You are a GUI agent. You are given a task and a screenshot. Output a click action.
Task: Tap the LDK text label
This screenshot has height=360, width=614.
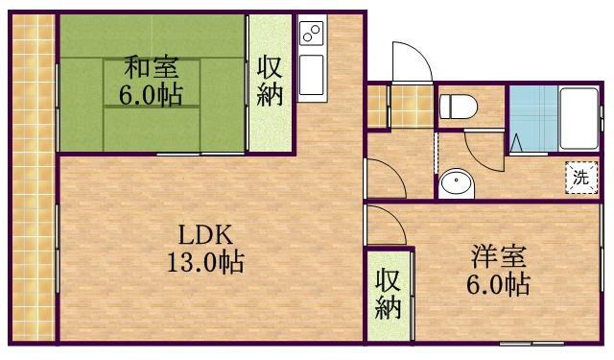(204, 236)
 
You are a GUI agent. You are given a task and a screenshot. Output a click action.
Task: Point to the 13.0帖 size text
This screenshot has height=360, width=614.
(202, 262)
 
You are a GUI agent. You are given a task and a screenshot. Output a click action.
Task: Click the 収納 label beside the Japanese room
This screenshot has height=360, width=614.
(270, 81)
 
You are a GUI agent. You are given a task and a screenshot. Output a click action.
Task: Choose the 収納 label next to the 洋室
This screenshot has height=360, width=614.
(388, 295)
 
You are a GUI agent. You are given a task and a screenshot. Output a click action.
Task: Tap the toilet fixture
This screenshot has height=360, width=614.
(457, 108)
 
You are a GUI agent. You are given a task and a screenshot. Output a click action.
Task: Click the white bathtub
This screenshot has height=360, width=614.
(578, 117)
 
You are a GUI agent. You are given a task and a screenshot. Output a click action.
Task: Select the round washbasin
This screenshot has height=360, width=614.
(455, 182)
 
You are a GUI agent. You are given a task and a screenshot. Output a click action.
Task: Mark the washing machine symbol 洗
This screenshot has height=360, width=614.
(579, 176)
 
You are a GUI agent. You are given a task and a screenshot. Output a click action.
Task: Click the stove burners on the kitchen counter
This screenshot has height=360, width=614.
(312, 36)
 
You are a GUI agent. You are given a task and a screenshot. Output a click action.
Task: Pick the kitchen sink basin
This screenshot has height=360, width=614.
(312, 75)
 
